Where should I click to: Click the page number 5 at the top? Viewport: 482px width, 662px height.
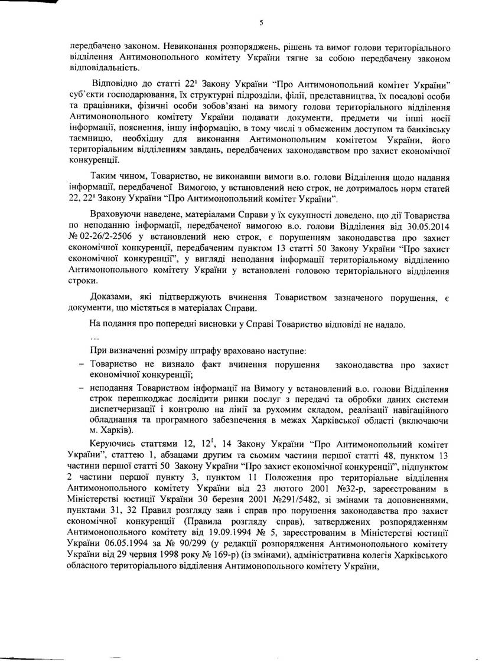point(260,24)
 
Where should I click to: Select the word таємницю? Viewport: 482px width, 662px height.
point(90,136)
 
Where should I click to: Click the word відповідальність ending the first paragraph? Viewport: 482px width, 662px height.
point(100,67)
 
